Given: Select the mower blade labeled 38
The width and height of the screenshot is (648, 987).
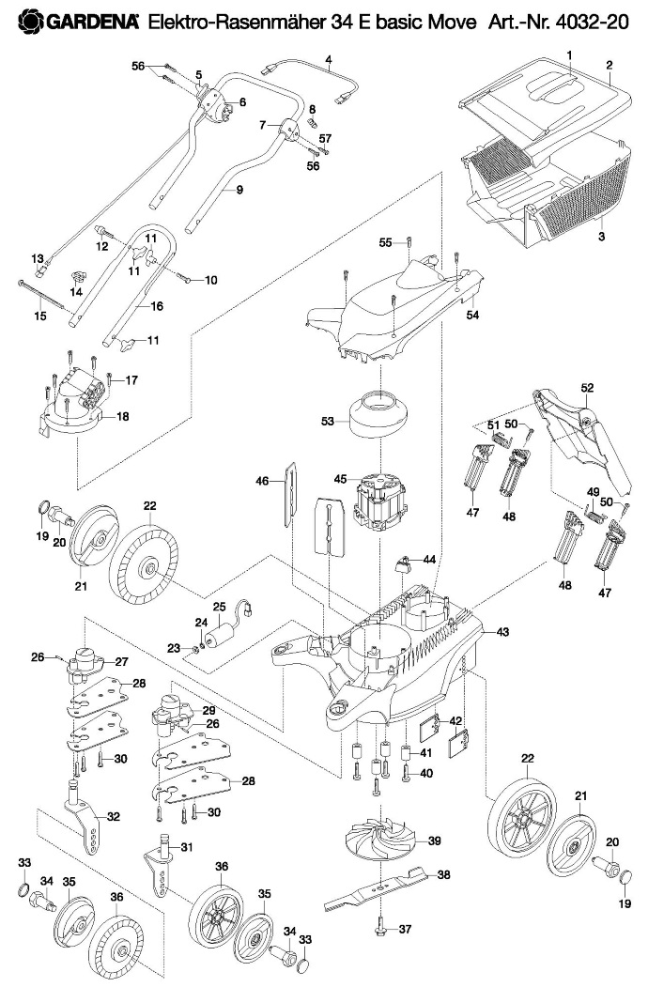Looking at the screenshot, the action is click(x=377, y=888).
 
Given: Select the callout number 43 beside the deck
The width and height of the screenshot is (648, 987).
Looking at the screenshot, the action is click(x=502, y=631).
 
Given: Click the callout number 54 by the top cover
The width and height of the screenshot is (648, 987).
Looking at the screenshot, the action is click(x=472, y=314).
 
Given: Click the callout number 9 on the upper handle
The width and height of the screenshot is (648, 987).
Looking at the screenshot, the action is click(x=239, y=190).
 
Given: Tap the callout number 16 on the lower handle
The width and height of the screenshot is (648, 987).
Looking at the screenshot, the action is click(x=157, y=306).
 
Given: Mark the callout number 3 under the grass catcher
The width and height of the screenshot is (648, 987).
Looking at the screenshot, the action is click(x=601, y=237).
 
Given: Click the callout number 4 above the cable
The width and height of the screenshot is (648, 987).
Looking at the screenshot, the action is click(x=328, y=61).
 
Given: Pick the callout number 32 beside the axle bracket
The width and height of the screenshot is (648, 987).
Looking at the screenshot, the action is click(x=114, y=817).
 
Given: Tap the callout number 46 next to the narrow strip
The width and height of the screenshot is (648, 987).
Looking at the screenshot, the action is click(x=262, y=482).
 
